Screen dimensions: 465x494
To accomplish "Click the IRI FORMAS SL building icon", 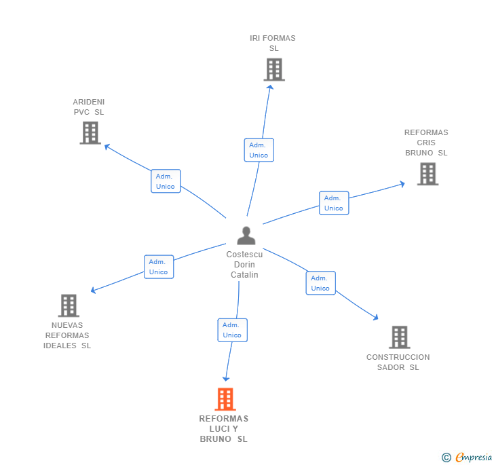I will point(274,70).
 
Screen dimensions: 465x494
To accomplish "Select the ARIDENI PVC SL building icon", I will point(90,133).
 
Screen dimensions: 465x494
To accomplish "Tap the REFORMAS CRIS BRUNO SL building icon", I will point(427,174).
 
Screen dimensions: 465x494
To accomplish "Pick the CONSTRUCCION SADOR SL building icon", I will point(400,337).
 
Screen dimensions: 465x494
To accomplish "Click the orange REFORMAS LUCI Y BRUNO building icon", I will point(225,399).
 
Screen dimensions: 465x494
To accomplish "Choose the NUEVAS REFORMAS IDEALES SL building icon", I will point(69,305).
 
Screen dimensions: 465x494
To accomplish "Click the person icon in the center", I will point(246,236).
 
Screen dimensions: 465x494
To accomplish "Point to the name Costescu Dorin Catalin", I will point(244,265).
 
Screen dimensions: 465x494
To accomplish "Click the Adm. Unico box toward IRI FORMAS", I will point(259,150).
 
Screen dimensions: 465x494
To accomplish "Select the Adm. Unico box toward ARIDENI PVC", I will point(166,181).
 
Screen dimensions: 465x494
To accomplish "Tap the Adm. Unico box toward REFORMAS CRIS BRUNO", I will point(334,203).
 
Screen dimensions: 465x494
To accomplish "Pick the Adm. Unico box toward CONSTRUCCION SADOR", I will point(320,283).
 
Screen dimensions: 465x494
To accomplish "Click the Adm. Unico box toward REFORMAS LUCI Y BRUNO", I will point(232,330).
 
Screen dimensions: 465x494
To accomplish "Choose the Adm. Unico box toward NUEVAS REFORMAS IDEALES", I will point(159,267).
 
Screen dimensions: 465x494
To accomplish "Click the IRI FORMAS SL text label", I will point(273,43).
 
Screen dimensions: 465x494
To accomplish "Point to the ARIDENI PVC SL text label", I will point(89,107).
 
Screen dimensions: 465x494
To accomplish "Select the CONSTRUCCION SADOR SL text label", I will point(398,362).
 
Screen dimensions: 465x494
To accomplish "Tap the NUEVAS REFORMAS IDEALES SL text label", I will point(67,335).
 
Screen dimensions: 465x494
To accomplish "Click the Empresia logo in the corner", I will point(467,457).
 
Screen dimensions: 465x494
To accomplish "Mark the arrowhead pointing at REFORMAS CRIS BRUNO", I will point(402,183).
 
